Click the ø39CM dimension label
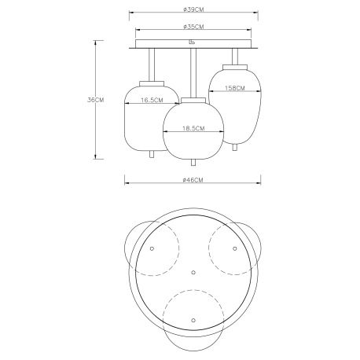pyautogui.click(x=193, y=10)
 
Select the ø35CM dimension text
pyautogui.click(x=193, y=27)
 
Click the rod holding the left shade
pyautogui.click(x=152, y=63)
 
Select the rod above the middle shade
pyautogui.click(x=193, y=72)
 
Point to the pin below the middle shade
pyautogui.click(x=193, y=162)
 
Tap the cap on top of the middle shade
pyautogui.click(x=193, y=98)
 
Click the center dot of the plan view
pyautogui.click(x=193, y=271)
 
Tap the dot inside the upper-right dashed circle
pyautogui.click(x=234, y=248)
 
